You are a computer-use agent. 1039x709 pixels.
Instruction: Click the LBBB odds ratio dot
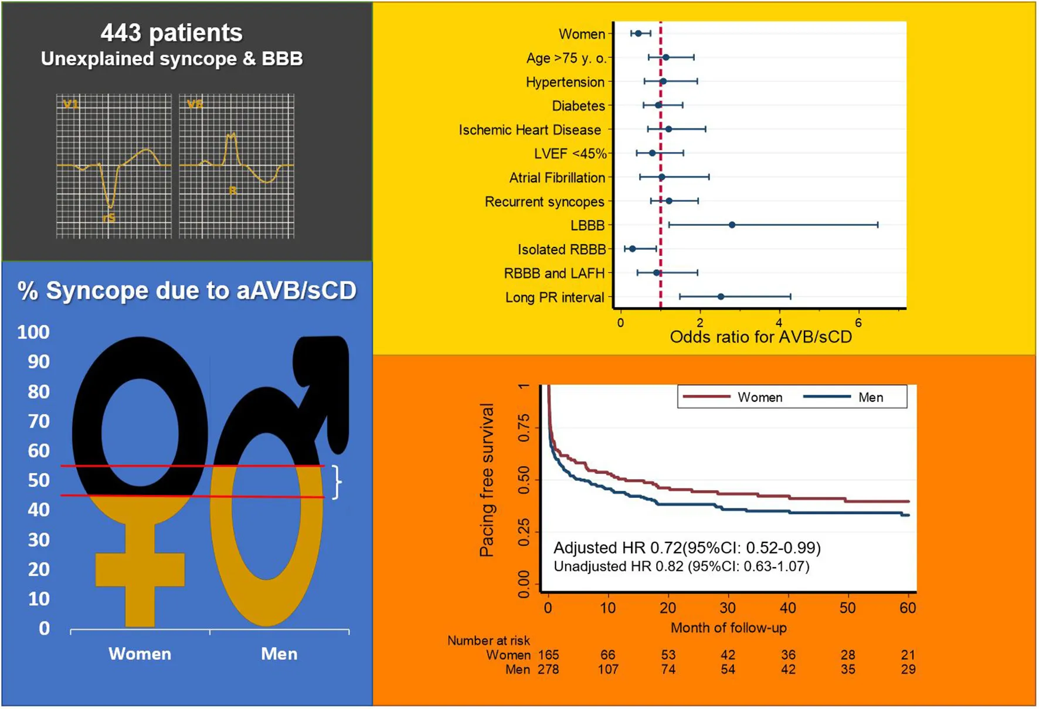[x=732, y=225]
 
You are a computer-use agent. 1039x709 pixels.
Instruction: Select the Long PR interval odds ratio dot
[x=721, y=297]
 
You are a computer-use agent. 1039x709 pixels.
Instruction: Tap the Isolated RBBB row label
[x=561, y=250]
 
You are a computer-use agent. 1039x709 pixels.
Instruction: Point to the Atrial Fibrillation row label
[x=556, y=178]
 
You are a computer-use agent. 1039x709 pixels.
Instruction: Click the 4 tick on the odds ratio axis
[x=779, y=323]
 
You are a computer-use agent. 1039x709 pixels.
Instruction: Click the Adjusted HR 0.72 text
[x=687, y=548]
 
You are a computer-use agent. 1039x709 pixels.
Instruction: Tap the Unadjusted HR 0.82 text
[x=681, y=566]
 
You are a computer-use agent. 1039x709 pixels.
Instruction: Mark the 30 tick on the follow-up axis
[x=728, y=608]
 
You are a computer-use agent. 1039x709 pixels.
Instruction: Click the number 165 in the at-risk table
[x=548, y=654]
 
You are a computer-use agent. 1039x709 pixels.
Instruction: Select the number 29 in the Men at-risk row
[x=908, y=670]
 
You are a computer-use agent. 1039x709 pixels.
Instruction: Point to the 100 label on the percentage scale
[x=33, y=333]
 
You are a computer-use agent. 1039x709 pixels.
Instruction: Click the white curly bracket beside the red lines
[x=336, y=482]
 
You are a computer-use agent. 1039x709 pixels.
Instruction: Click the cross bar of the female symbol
[x=140, y=569]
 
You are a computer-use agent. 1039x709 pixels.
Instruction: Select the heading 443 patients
[x=171, y=33]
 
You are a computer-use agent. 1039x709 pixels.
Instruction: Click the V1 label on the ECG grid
[x=71, y=104]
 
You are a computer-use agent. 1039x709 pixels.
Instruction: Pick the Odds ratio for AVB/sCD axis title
[x=760, y=337]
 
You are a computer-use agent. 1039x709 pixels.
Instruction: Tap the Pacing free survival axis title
[x=487, y=480]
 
